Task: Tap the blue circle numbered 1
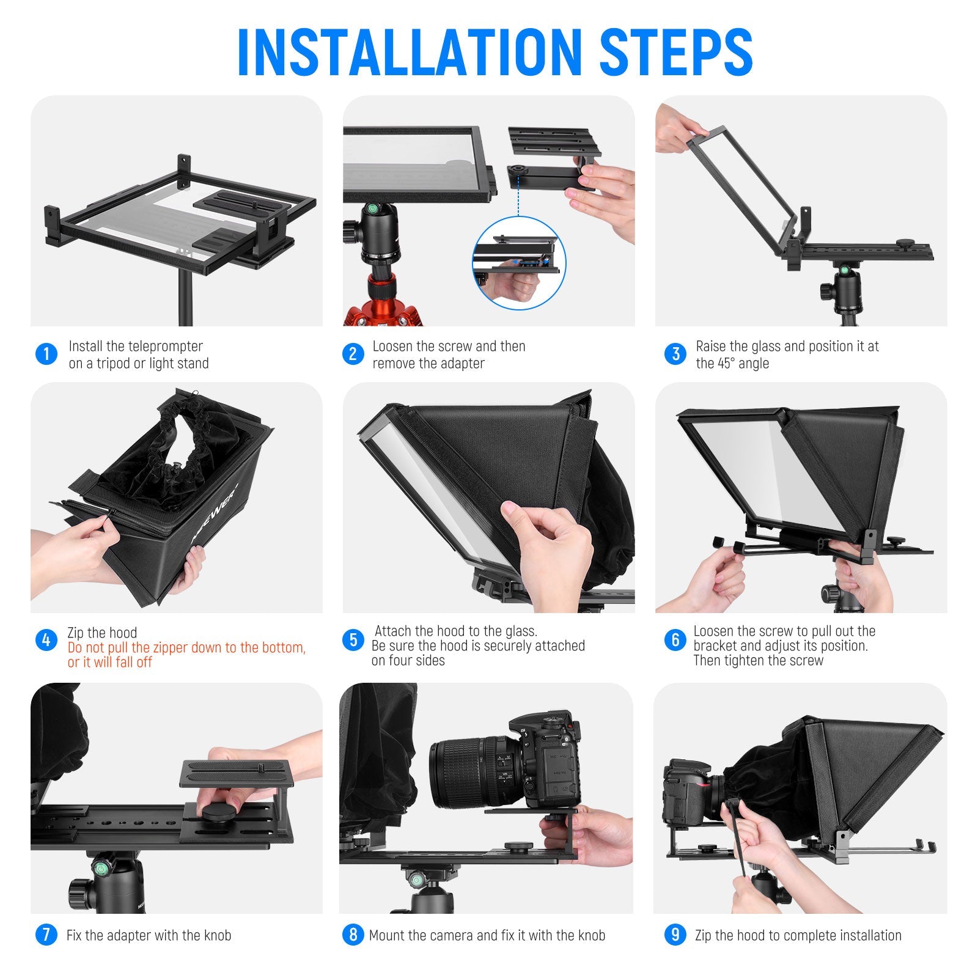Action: tap(46, 354)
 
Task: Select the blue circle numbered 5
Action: tap(353, 640)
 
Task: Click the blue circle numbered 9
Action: tap(675, 935)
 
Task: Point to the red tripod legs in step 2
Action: tap(382, 306)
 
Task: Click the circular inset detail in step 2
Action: tap(519, 263)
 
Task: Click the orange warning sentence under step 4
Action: tap(186, 655)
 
